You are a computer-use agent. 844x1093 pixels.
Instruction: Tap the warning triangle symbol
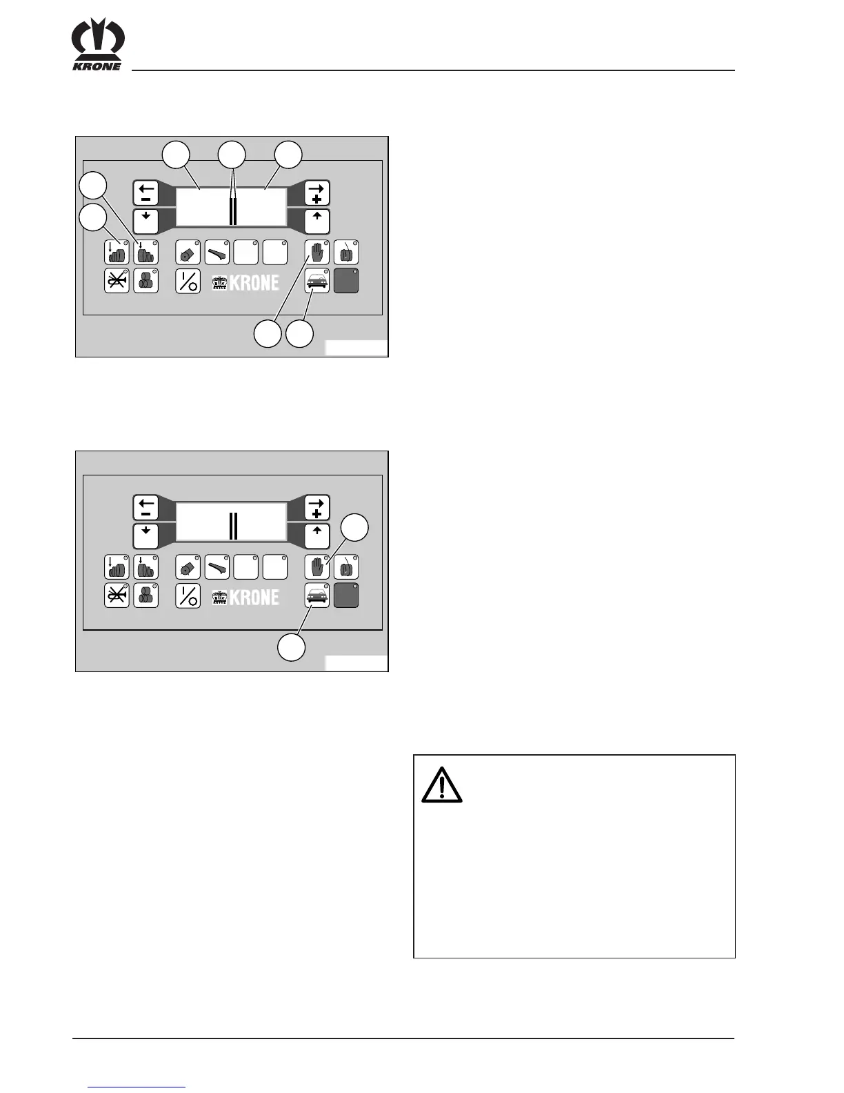(x=441, y=785)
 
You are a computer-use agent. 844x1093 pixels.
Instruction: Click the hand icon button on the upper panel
(x=317, y=253)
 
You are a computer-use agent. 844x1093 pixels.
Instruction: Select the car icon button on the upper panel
(x=317, y=282)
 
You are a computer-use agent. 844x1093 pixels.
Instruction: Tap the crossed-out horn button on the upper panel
(x=117, y=282)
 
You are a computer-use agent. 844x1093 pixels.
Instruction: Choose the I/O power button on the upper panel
(x=188, y=282)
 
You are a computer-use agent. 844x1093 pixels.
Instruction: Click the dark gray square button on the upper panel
(x=346, y=282)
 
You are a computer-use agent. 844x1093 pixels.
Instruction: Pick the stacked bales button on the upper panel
(x=145, y=282)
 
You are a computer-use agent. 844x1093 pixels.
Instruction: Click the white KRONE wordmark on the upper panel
(x=254, y=282)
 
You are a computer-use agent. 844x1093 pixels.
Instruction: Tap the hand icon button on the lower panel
(x=317, y=567)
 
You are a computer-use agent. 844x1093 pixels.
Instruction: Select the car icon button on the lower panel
(x=317, y=596)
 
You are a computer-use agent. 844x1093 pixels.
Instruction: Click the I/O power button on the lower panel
(x=188, y=596)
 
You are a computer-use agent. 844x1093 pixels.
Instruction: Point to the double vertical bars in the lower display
(x=233, y=526)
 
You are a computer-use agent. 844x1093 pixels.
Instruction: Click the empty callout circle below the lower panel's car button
(x=292, y=648)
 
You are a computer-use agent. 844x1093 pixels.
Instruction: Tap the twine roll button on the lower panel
(x=346, y=567)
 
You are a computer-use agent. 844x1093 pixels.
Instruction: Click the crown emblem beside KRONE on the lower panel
(x=219, y=597)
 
